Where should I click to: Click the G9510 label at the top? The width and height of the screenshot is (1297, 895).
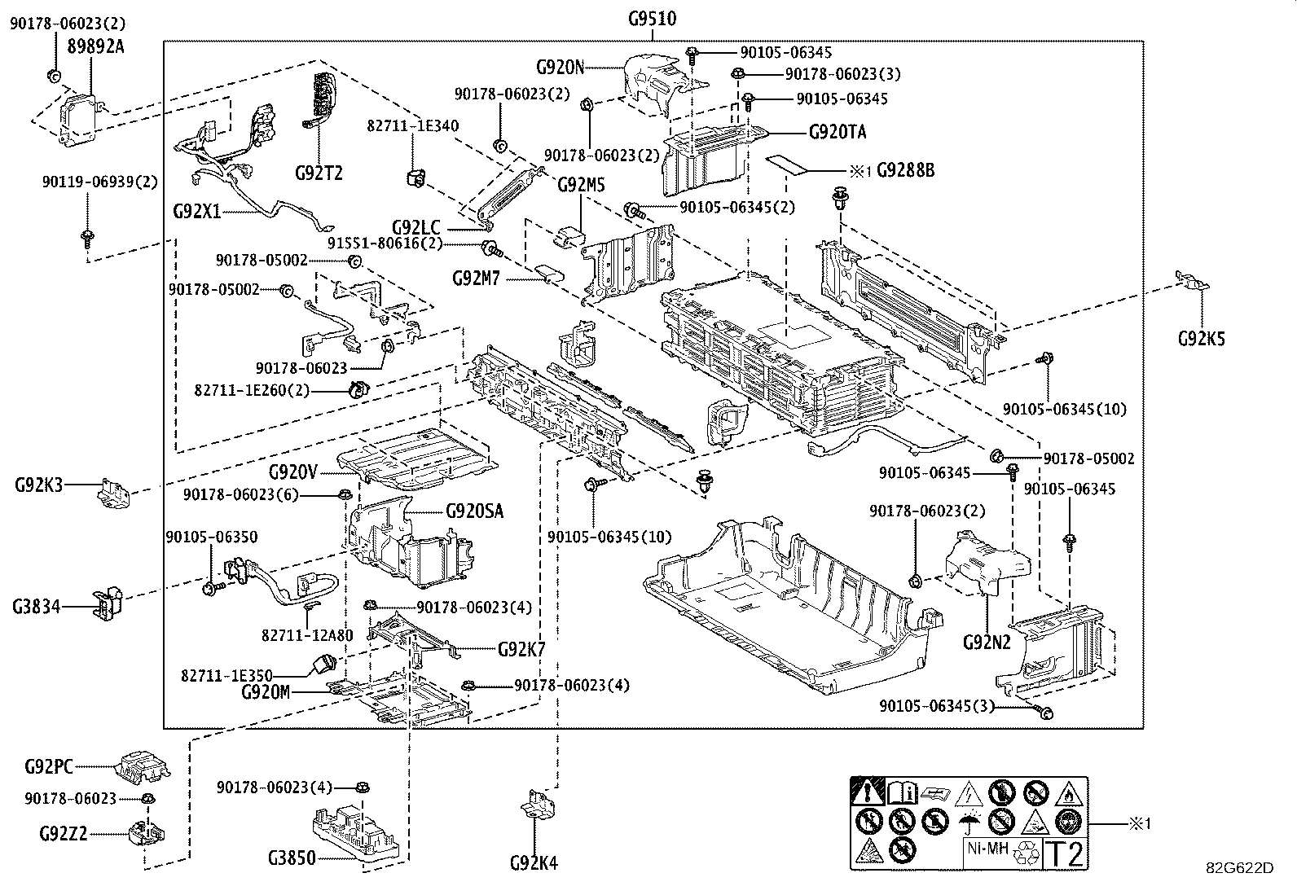tap(652, 19)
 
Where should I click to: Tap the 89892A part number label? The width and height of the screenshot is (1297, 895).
tap(95, 47)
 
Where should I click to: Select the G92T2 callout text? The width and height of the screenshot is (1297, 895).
tap(319, 173)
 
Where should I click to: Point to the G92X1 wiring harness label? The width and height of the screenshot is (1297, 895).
tap(197, 211)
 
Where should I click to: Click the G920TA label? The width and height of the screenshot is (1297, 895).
tap(838, 132)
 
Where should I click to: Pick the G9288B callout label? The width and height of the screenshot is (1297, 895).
tap(906, 170)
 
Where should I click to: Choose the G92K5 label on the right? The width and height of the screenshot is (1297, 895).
tap(1202, 339)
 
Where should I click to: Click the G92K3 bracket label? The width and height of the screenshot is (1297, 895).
tap(39, 485)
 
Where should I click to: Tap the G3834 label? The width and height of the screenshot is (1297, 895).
tap(37, 607)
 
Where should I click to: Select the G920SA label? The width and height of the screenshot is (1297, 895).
tap(475, 511)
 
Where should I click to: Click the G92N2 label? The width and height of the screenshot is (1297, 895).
tap(987, 643)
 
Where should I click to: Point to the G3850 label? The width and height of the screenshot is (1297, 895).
tap(292, 858)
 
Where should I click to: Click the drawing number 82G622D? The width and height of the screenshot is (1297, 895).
tap(1240, 868)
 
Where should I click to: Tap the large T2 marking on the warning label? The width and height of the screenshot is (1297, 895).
tap(1066, 854)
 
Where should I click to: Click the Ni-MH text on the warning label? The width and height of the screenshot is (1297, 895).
tap(987, 849)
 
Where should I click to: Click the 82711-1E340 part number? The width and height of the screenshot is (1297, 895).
tap(413, 126)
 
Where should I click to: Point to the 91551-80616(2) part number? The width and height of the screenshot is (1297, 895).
tap(385, 243)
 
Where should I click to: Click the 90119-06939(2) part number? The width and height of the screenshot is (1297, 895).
tap(99, 182)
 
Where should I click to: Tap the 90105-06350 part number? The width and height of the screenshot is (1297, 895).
tap(212, 537)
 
